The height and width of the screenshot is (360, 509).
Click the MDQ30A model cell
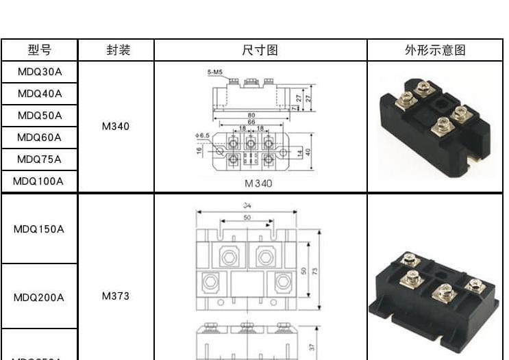pos(40,71)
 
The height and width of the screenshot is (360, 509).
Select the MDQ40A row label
pos(40,93)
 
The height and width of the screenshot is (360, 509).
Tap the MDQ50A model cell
pos(40,115)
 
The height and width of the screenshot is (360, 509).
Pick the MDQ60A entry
pos(40,137)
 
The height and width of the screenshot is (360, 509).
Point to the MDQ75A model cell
pos(40,159)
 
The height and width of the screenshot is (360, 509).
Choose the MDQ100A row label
pos(40,181)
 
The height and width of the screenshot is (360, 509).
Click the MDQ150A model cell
pos(40,229)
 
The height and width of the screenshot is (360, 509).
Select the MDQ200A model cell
pos(40,298)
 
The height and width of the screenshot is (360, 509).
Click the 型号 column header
pos(40,51)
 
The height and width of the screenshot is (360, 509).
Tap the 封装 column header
pos(116,51)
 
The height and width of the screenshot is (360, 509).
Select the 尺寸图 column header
pos(260,51)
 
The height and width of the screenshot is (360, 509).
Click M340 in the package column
pos(116,127)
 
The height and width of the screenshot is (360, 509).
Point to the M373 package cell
pos(116,296)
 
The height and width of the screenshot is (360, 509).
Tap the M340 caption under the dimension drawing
pos(258,183)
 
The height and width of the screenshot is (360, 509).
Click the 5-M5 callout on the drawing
pos(214,72)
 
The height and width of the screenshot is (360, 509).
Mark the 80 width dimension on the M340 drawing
pos(251,115)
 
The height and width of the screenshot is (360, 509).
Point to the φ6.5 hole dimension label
pos(202,136)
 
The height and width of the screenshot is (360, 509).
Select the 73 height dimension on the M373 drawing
pos(315,271)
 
